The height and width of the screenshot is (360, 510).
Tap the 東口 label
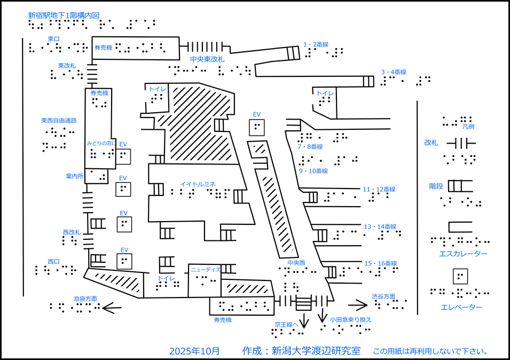click(53, 38)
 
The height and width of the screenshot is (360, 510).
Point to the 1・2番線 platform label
click(316, 44)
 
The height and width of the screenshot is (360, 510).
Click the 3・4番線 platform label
click(394, 72)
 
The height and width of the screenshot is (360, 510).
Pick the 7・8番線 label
click(310, 146)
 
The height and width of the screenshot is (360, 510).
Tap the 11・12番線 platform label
click(379, 189)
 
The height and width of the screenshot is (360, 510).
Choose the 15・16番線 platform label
click(380, 263)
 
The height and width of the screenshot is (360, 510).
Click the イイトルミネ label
click(198, 184)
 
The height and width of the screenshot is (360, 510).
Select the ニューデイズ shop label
click(206, 270)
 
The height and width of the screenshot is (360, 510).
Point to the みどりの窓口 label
click(101, 144)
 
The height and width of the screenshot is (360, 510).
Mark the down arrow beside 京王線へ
click(304, 320)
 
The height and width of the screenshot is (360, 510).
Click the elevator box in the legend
click(460, 276)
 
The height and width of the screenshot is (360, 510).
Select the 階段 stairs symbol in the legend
click(460, 186)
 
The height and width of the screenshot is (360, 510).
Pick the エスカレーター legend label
click(463, 254)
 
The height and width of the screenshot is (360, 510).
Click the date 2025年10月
click(194, 351)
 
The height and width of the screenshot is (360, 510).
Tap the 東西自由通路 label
click(59, 121)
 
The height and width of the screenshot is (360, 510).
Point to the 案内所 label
click(75, 176)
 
